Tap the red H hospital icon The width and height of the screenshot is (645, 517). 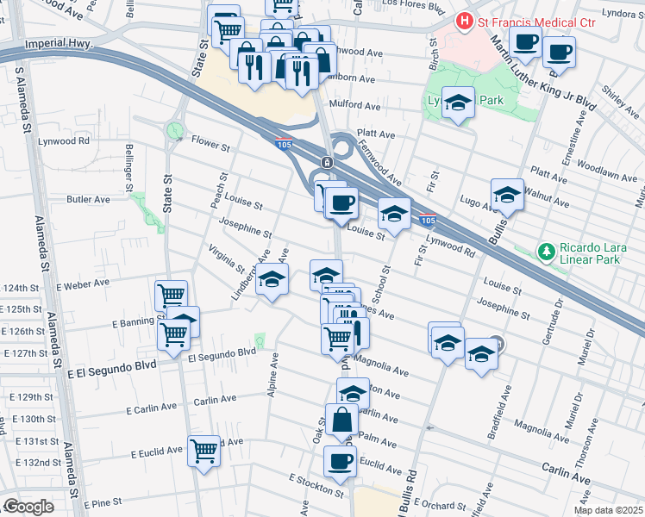466,19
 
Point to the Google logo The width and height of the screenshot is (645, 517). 28,508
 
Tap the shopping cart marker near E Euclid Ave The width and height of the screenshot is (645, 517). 204,449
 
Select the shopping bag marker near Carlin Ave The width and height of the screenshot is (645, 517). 341,420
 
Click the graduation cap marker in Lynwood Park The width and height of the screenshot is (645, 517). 459,103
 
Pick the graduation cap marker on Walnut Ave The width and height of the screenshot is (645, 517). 507,195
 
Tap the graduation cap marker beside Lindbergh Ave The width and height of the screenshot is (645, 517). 272,280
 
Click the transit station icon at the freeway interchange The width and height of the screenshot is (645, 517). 327,162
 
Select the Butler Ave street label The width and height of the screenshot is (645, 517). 88,199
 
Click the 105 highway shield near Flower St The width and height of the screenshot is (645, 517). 284,144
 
